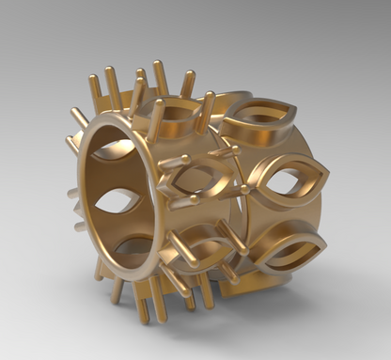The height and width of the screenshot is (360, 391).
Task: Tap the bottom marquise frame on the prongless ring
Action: click(x=286, y=248)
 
